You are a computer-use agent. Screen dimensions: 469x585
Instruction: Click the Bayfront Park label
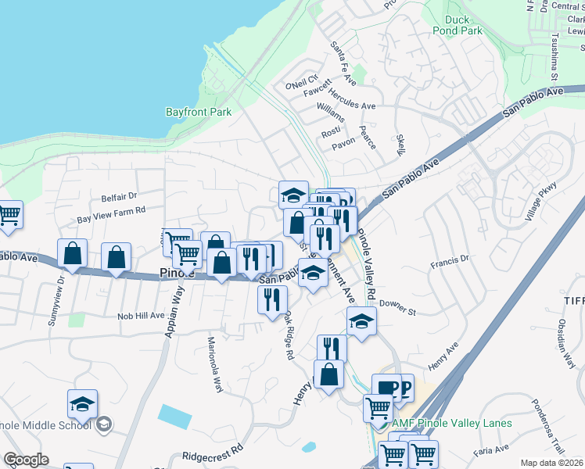(x=199, y=112)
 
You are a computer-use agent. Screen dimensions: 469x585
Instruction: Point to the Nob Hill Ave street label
(x=141, y=316)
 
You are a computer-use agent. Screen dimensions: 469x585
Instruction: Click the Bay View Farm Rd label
(x=112, y=210)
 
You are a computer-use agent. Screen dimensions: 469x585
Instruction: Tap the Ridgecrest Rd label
(x=213, y=454)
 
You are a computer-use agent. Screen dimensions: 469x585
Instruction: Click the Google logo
(x=26, y=460)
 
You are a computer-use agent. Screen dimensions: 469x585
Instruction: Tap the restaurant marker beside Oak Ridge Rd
(x=272, y=299)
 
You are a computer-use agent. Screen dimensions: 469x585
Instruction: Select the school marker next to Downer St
(x=361, y=320)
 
